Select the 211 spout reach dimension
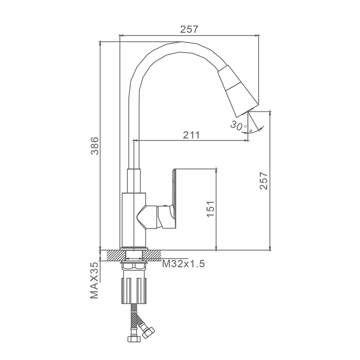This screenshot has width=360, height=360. click(x=191, y=135)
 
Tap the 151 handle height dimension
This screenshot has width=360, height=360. click(x=210, y=209)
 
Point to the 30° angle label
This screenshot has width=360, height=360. click(x=238, y=126)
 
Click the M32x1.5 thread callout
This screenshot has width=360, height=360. click(x=184, y=264)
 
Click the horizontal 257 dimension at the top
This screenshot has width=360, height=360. click(x=189, y=30)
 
